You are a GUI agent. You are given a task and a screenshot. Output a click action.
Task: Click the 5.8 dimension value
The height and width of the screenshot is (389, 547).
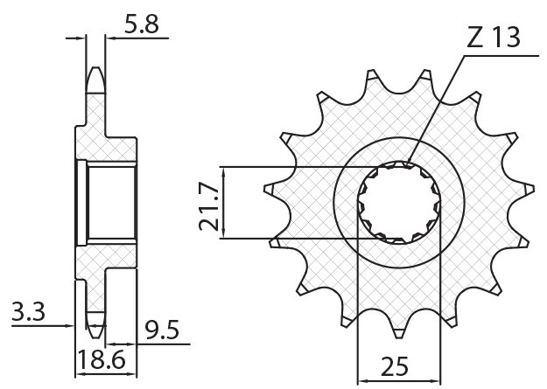141,27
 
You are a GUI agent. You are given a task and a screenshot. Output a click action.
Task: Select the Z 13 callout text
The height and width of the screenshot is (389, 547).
493,38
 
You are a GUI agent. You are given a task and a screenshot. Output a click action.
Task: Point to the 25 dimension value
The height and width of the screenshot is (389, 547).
396,366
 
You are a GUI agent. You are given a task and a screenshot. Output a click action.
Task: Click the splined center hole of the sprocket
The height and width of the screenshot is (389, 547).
401,202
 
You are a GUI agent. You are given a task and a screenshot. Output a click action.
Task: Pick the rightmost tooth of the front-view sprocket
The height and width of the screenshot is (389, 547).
525,186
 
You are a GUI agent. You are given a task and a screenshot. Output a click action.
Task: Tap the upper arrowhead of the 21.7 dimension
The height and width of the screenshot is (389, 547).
225,171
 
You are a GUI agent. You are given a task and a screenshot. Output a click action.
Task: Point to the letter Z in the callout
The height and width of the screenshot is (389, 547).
473,38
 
